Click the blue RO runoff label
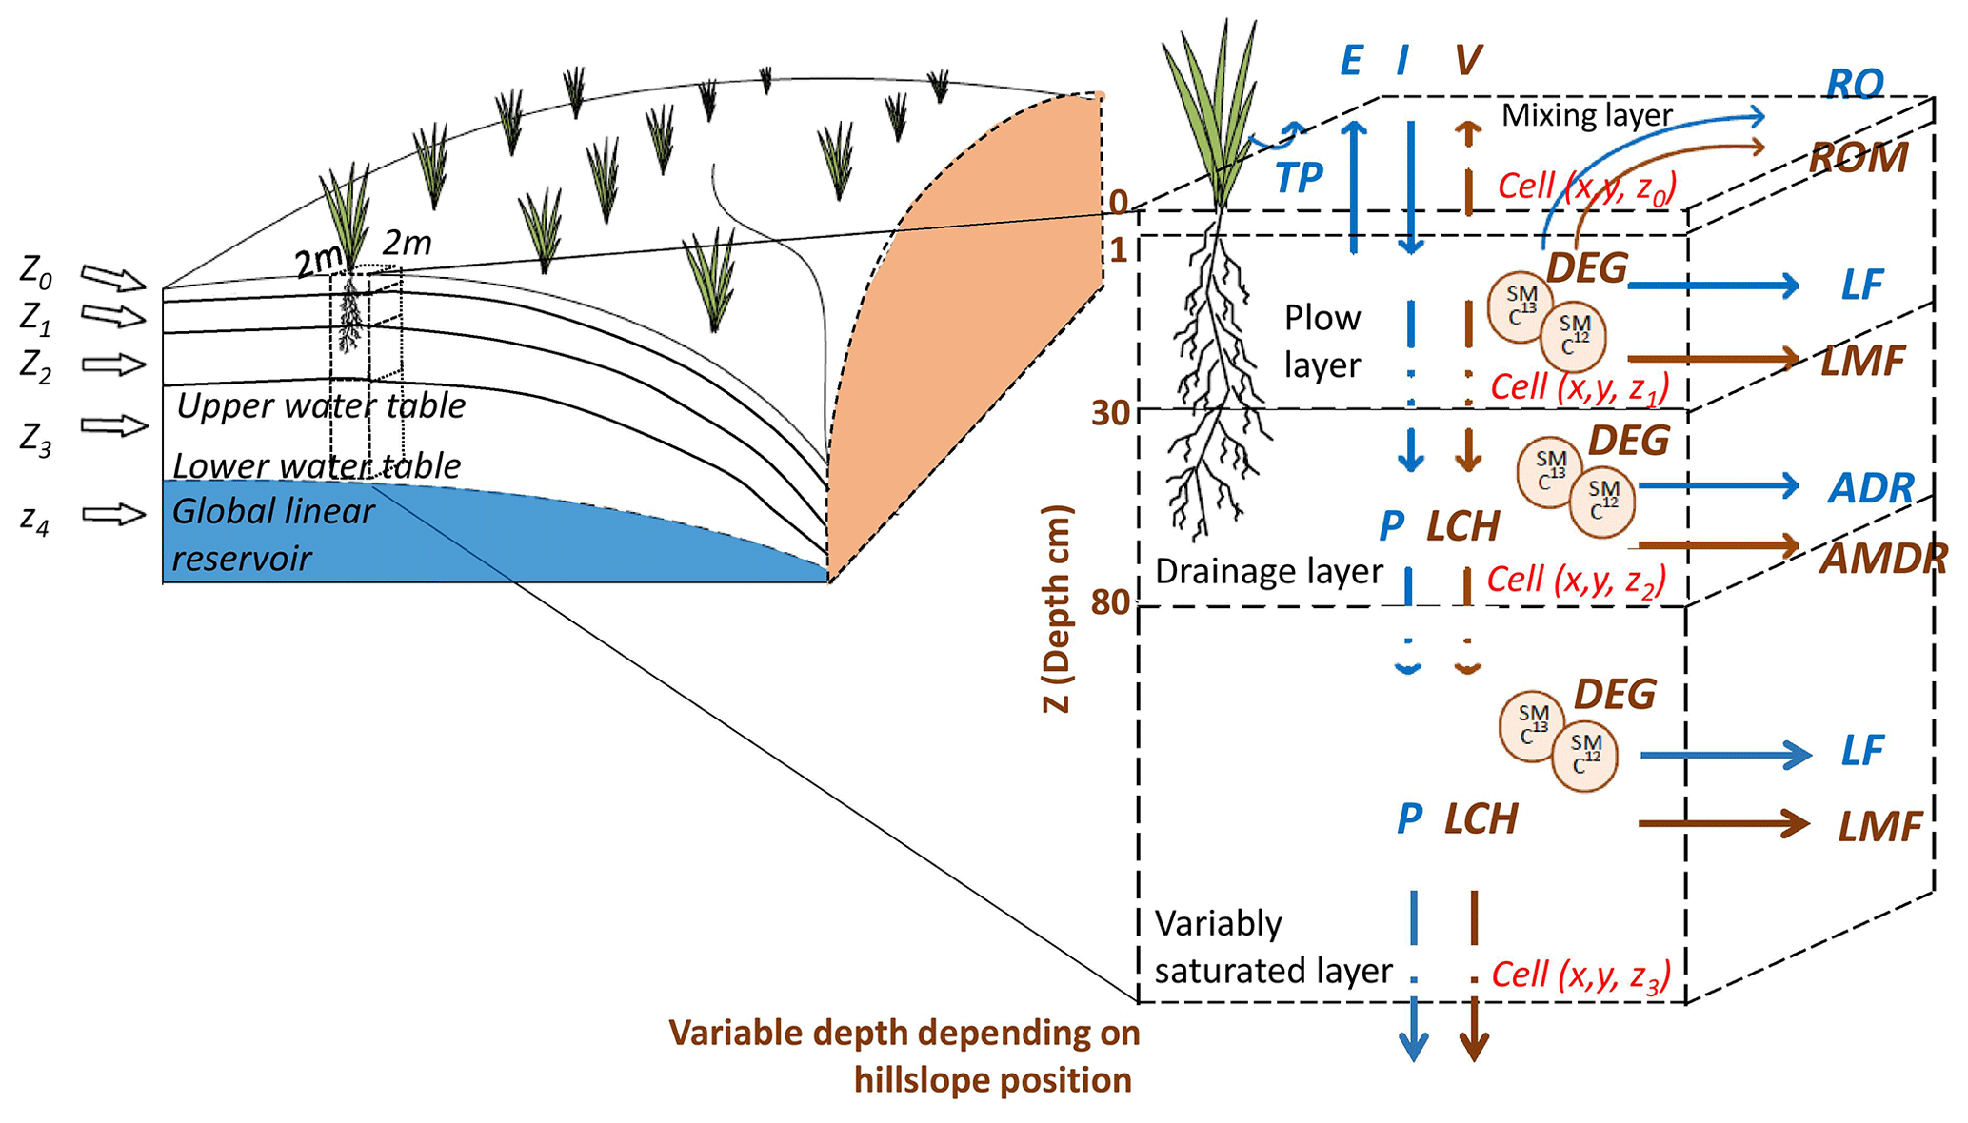point(1855,84)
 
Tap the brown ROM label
point(1859,157)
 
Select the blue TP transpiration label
point(1299,178)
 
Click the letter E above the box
point(1350,61)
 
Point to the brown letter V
point(1467,61)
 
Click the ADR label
point(1870,488)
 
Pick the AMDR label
point(1883,559)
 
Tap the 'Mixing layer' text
point(1586,115)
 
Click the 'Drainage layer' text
point(1268,571)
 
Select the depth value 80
point(1110,602)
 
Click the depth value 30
point(1110,413)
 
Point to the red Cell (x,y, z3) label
point(1580,975)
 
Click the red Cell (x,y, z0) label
point(1586,187)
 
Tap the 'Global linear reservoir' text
point(273,535)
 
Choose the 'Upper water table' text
point(321,406)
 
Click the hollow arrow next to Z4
point(113,515)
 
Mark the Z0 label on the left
point(36,273)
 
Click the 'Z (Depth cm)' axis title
point(1057,609)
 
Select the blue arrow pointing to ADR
point(1718,486)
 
